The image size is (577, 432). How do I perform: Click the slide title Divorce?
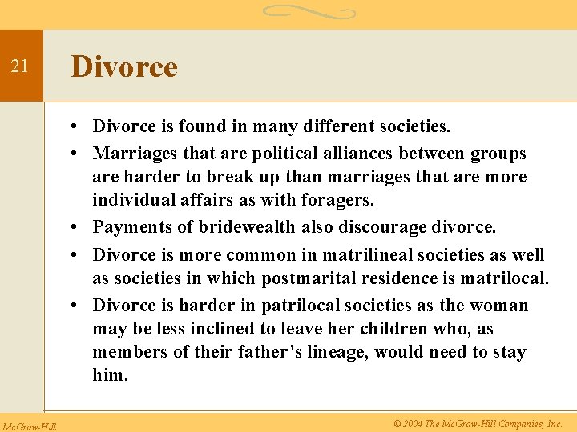123,66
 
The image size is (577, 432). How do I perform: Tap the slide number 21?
20,67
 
